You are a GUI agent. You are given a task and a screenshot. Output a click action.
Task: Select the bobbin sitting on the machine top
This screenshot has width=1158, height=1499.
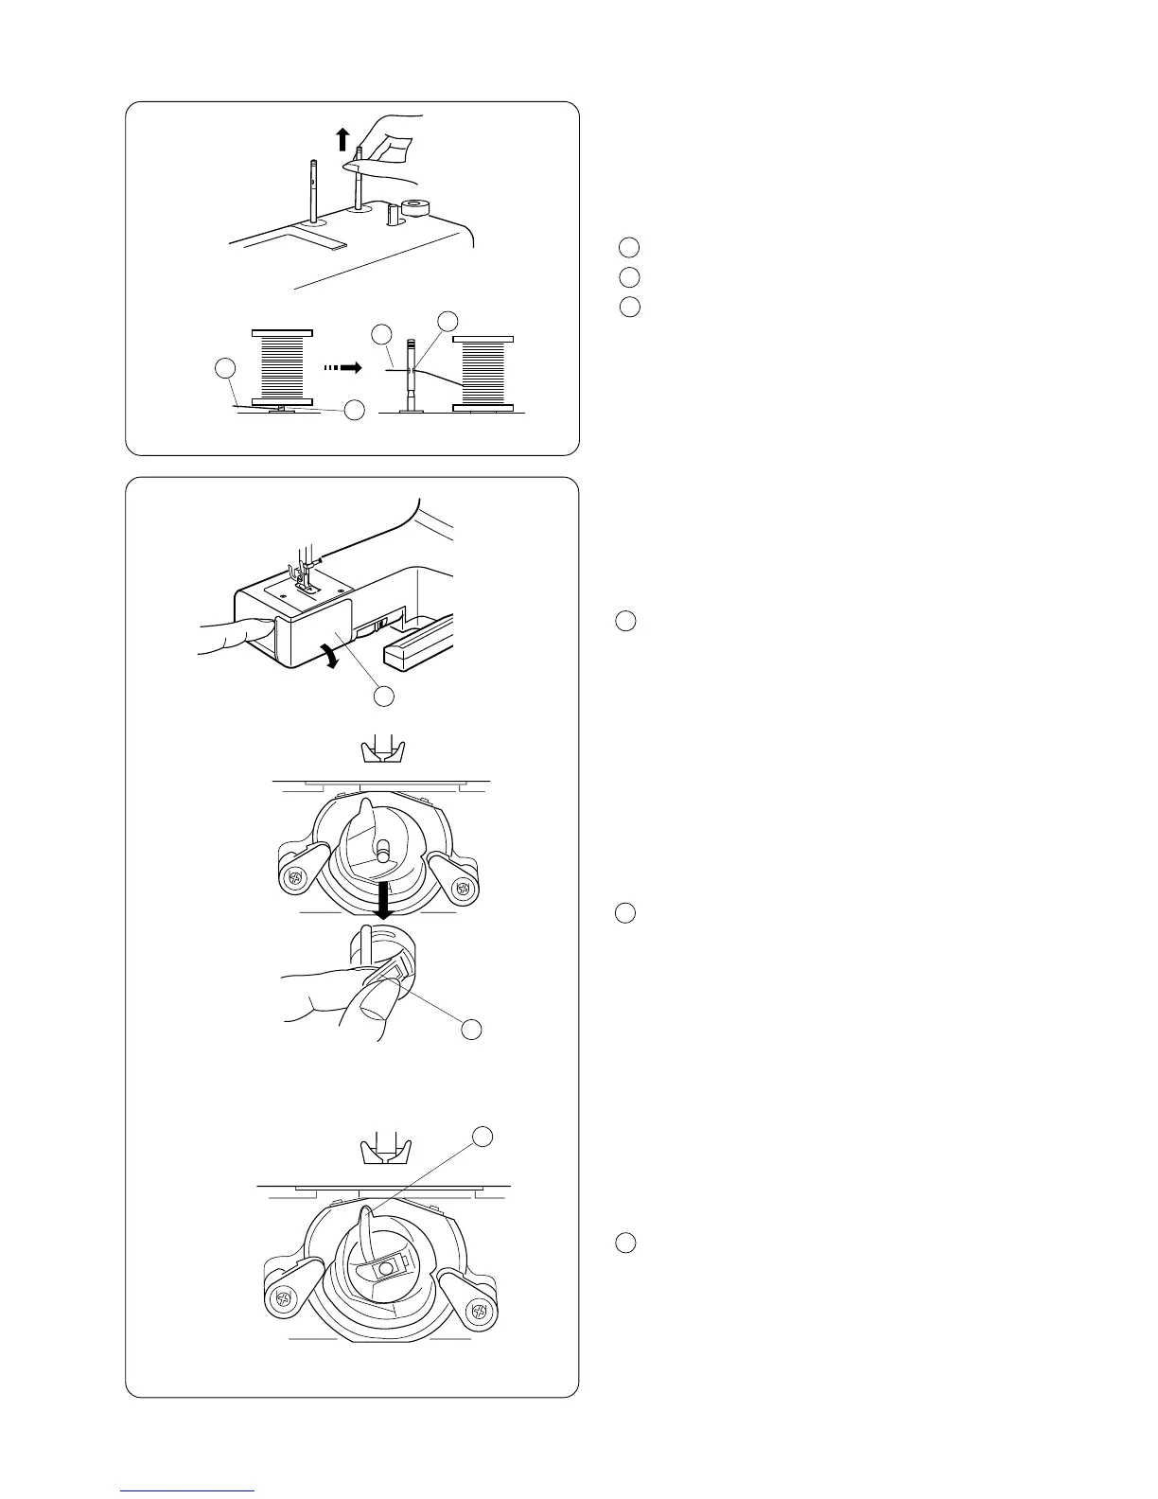pos(413,206)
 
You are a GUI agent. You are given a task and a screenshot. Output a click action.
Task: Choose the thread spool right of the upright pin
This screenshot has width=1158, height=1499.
pos(483,373)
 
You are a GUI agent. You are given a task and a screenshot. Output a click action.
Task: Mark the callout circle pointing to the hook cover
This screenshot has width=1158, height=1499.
pos(383,697)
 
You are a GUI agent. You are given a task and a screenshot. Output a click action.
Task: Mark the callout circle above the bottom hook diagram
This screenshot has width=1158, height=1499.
pos(483,1137)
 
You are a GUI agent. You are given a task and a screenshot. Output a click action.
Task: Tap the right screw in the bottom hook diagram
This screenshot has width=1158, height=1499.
pos(479,1313)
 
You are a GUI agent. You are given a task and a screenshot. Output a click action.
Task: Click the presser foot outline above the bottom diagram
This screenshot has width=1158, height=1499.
pos(383,1153)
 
